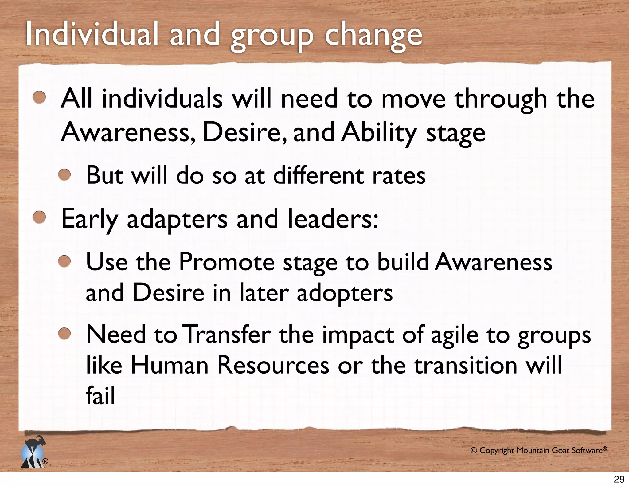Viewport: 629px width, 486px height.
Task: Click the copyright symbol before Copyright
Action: click(x=474, y=451)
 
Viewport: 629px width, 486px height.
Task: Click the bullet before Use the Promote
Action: click(x=64, y=262)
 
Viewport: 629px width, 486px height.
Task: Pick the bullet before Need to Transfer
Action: click(x=64, y=334)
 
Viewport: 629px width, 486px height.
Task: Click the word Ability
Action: click(x=380, y=133)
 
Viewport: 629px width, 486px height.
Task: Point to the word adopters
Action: click(x=345, y=293)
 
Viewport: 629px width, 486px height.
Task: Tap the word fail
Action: click(x=100, y=395)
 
